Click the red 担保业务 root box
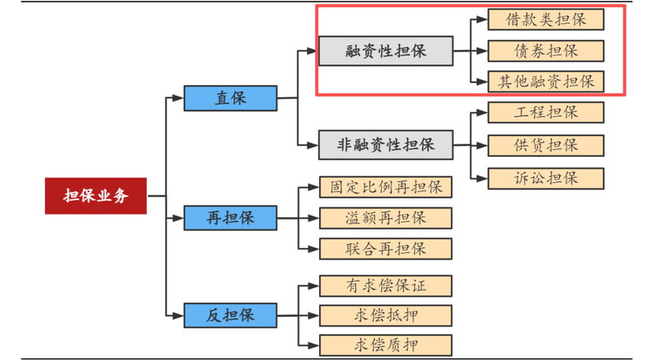(x=96, y=196)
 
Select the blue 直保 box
(x=230, y=98)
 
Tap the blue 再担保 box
(x=230, y=218)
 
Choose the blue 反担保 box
(x=230, y=314)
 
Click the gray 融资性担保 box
(x=384, y=51)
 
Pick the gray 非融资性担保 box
(x=384, y=145)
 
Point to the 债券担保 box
(x=546, y=51)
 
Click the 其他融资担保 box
(x=546, y=81)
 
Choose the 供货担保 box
(x=546, y=145)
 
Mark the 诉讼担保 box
(x=546, y=178)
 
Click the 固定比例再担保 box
(x=385, y=187)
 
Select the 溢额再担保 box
(x=385, y=218)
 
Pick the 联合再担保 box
(x=385, y=248)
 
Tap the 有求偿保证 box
(x=385, y=286)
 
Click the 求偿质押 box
(x=385, y=344)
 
